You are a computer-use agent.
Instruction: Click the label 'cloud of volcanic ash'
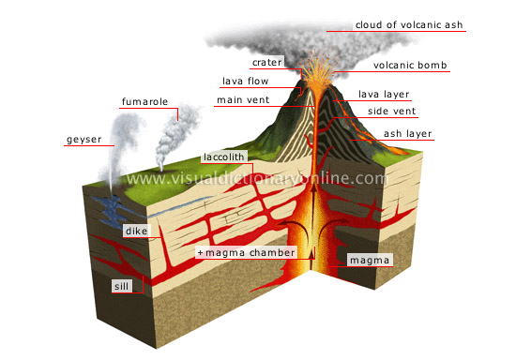(x=408, y=25)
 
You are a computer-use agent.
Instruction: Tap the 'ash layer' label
(x=408, y=134)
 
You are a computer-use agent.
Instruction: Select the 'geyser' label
(x=84, y=141)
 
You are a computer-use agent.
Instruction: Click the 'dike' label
(x=137, y=230)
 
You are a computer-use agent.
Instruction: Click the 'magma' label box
(x=366, y=260)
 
